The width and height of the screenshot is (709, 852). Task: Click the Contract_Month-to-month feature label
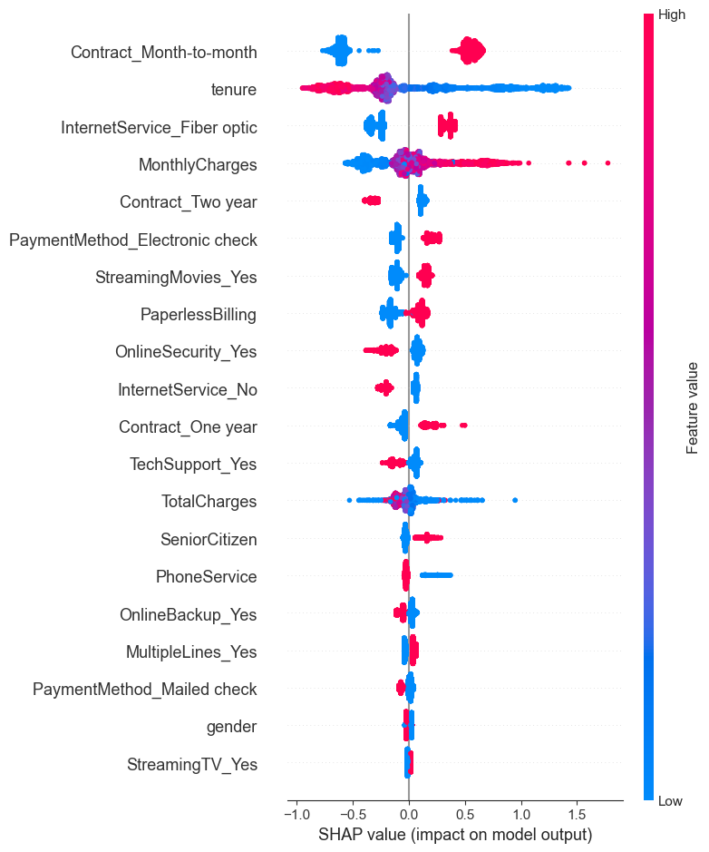[x=163, y=53]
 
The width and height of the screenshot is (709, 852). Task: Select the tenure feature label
[x=233, y=90]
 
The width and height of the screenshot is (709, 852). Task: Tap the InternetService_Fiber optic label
[x=159, y=128]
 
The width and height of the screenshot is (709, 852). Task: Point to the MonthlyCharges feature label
[x=197, y=165]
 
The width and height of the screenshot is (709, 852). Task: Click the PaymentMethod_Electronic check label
[x=132, y=240]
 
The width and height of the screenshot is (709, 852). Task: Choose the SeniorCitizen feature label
[x=208, y=540]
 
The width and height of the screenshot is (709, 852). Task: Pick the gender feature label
[x=231, y=727]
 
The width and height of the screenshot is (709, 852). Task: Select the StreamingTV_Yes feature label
[x=191, y=765]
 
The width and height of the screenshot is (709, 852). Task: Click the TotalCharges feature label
[x=209, y=502]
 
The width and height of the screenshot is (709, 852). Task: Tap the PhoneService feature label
[x=206, y=577]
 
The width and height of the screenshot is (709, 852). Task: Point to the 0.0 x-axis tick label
[x=409, y=809]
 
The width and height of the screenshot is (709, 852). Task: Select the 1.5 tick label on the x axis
[x=577, y=809]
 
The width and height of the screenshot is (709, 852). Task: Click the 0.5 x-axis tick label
[x=465, y=809]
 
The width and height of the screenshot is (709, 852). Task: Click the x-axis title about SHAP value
[x=455, y=834]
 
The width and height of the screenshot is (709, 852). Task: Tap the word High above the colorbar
[x=671, y=15]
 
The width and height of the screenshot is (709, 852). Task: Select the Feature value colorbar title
[x=693, y=406]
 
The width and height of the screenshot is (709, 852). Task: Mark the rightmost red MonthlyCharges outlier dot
[x=607, y=163]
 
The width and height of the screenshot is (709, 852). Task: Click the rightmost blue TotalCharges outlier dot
[x=515, y=500]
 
